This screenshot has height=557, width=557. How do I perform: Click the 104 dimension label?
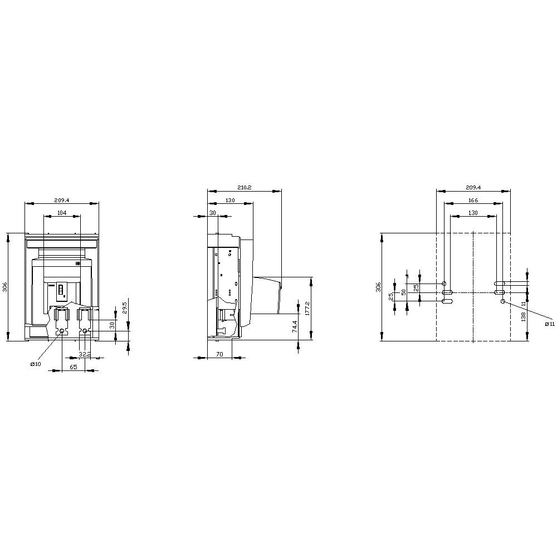coord(62,213)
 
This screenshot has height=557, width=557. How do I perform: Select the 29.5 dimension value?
coord(125,308)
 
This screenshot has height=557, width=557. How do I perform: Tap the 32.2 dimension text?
coord(85,354)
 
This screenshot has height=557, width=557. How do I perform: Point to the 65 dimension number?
coord(74,368)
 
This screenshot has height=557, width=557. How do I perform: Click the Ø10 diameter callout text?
coord(35,364)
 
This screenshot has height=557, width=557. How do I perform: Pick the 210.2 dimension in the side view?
coord(244,188)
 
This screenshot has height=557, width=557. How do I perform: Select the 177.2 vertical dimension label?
coord(307,309)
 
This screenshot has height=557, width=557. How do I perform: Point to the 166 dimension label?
coord(473,201)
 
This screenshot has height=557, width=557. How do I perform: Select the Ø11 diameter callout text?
coord(549,324)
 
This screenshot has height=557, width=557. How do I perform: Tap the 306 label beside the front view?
coord(4,287)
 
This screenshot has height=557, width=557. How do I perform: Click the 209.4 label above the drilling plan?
coord(473,188)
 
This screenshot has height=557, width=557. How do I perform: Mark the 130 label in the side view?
coord(230,201)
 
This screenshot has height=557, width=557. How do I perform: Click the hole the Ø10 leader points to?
coord(62,331)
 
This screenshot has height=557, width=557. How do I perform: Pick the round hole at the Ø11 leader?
coord(503,301)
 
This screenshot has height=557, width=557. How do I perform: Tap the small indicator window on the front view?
coord(61,290)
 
